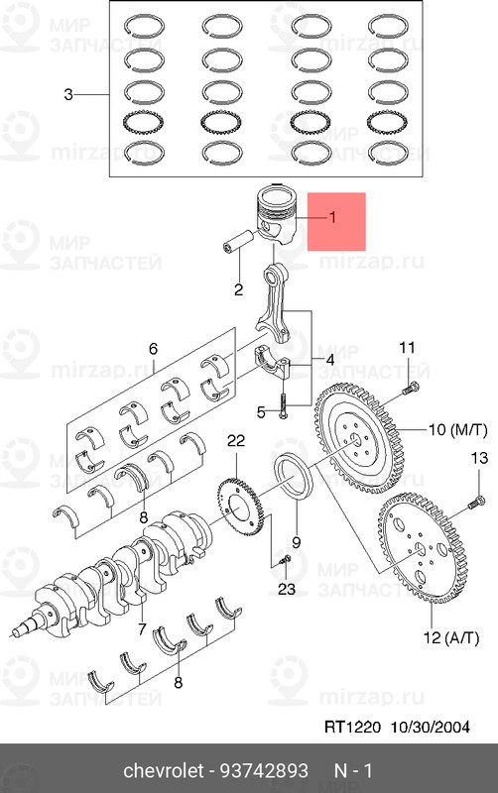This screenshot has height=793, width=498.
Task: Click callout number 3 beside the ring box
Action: (x=68, y=94)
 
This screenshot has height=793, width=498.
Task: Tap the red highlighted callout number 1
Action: (x=332, y=217)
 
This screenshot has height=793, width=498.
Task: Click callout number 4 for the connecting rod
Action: (x=330, y=361)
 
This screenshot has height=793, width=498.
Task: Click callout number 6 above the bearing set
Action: (x=153, y=349)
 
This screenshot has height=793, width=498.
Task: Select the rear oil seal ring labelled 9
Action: (x=294, y=477)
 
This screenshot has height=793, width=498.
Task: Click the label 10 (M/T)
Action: (x=458, y=430)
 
